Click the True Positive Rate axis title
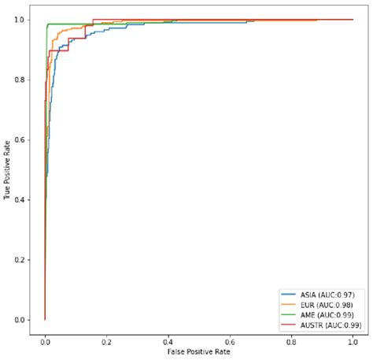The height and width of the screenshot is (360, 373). (x=7, y=170)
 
